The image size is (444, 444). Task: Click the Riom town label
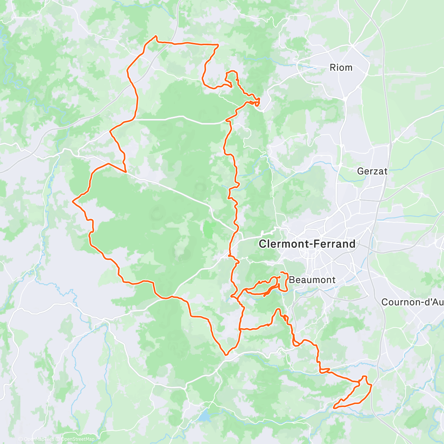point(341,68)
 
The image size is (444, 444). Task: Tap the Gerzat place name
point(372,171)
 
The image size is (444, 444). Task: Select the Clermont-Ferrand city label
point(307,244)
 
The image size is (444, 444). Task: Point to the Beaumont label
point(312,280)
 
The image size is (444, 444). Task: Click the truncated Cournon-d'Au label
point(412,302)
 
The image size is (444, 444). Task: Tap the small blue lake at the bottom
point(203,417)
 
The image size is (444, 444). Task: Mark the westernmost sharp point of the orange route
point(73,202)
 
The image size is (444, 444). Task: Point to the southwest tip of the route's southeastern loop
point(334,407)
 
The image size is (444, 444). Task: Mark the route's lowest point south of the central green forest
point(226,354)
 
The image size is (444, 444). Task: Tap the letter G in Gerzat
point(361,171)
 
